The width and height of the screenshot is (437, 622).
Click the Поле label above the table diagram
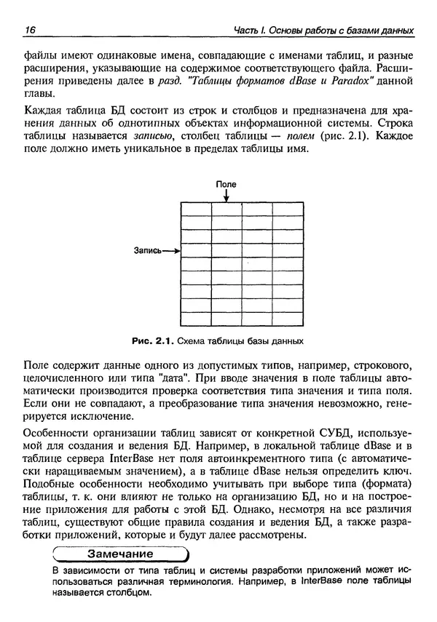coord(227,185)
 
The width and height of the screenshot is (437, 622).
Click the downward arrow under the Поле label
coord(227,196)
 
